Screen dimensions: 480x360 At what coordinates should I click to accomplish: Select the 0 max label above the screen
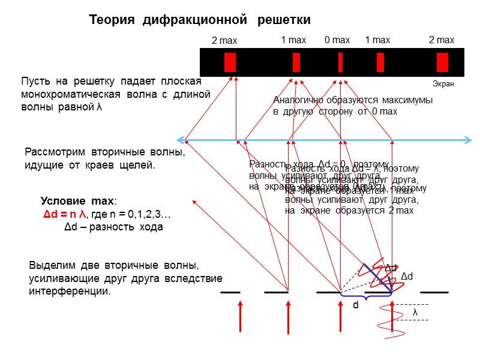tap(337, 40)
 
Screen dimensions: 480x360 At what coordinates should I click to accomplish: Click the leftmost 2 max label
tap(225, 41)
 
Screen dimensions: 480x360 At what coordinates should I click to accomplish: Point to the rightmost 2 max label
tap(441, 40)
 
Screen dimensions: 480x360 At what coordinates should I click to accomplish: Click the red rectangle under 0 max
tap(340, 62)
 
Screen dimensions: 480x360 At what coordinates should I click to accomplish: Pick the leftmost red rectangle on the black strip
tap(230, 62)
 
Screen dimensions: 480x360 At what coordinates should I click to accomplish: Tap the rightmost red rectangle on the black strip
tap(442, 62)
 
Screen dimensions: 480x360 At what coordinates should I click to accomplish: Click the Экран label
tap(443, 84)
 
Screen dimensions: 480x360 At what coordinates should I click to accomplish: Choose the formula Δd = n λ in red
tap(64, 215)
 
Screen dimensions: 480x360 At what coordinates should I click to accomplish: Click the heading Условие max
tap(79, 202)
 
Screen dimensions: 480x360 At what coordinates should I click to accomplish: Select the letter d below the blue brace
tap(355, 305)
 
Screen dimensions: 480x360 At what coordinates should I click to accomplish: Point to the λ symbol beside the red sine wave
tap(415, 313)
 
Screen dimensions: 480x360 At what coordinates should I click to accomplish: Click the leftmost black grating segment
tap(230, 292)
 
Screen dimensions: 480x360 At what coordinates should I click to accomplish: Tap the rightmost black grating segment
tap(434, 292)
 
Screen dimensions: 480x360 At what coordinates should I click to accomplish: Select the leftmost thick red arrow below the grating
tap(240, 316)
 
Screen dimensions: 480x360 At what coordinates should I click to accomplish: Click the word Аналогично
tap(296, 100)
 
